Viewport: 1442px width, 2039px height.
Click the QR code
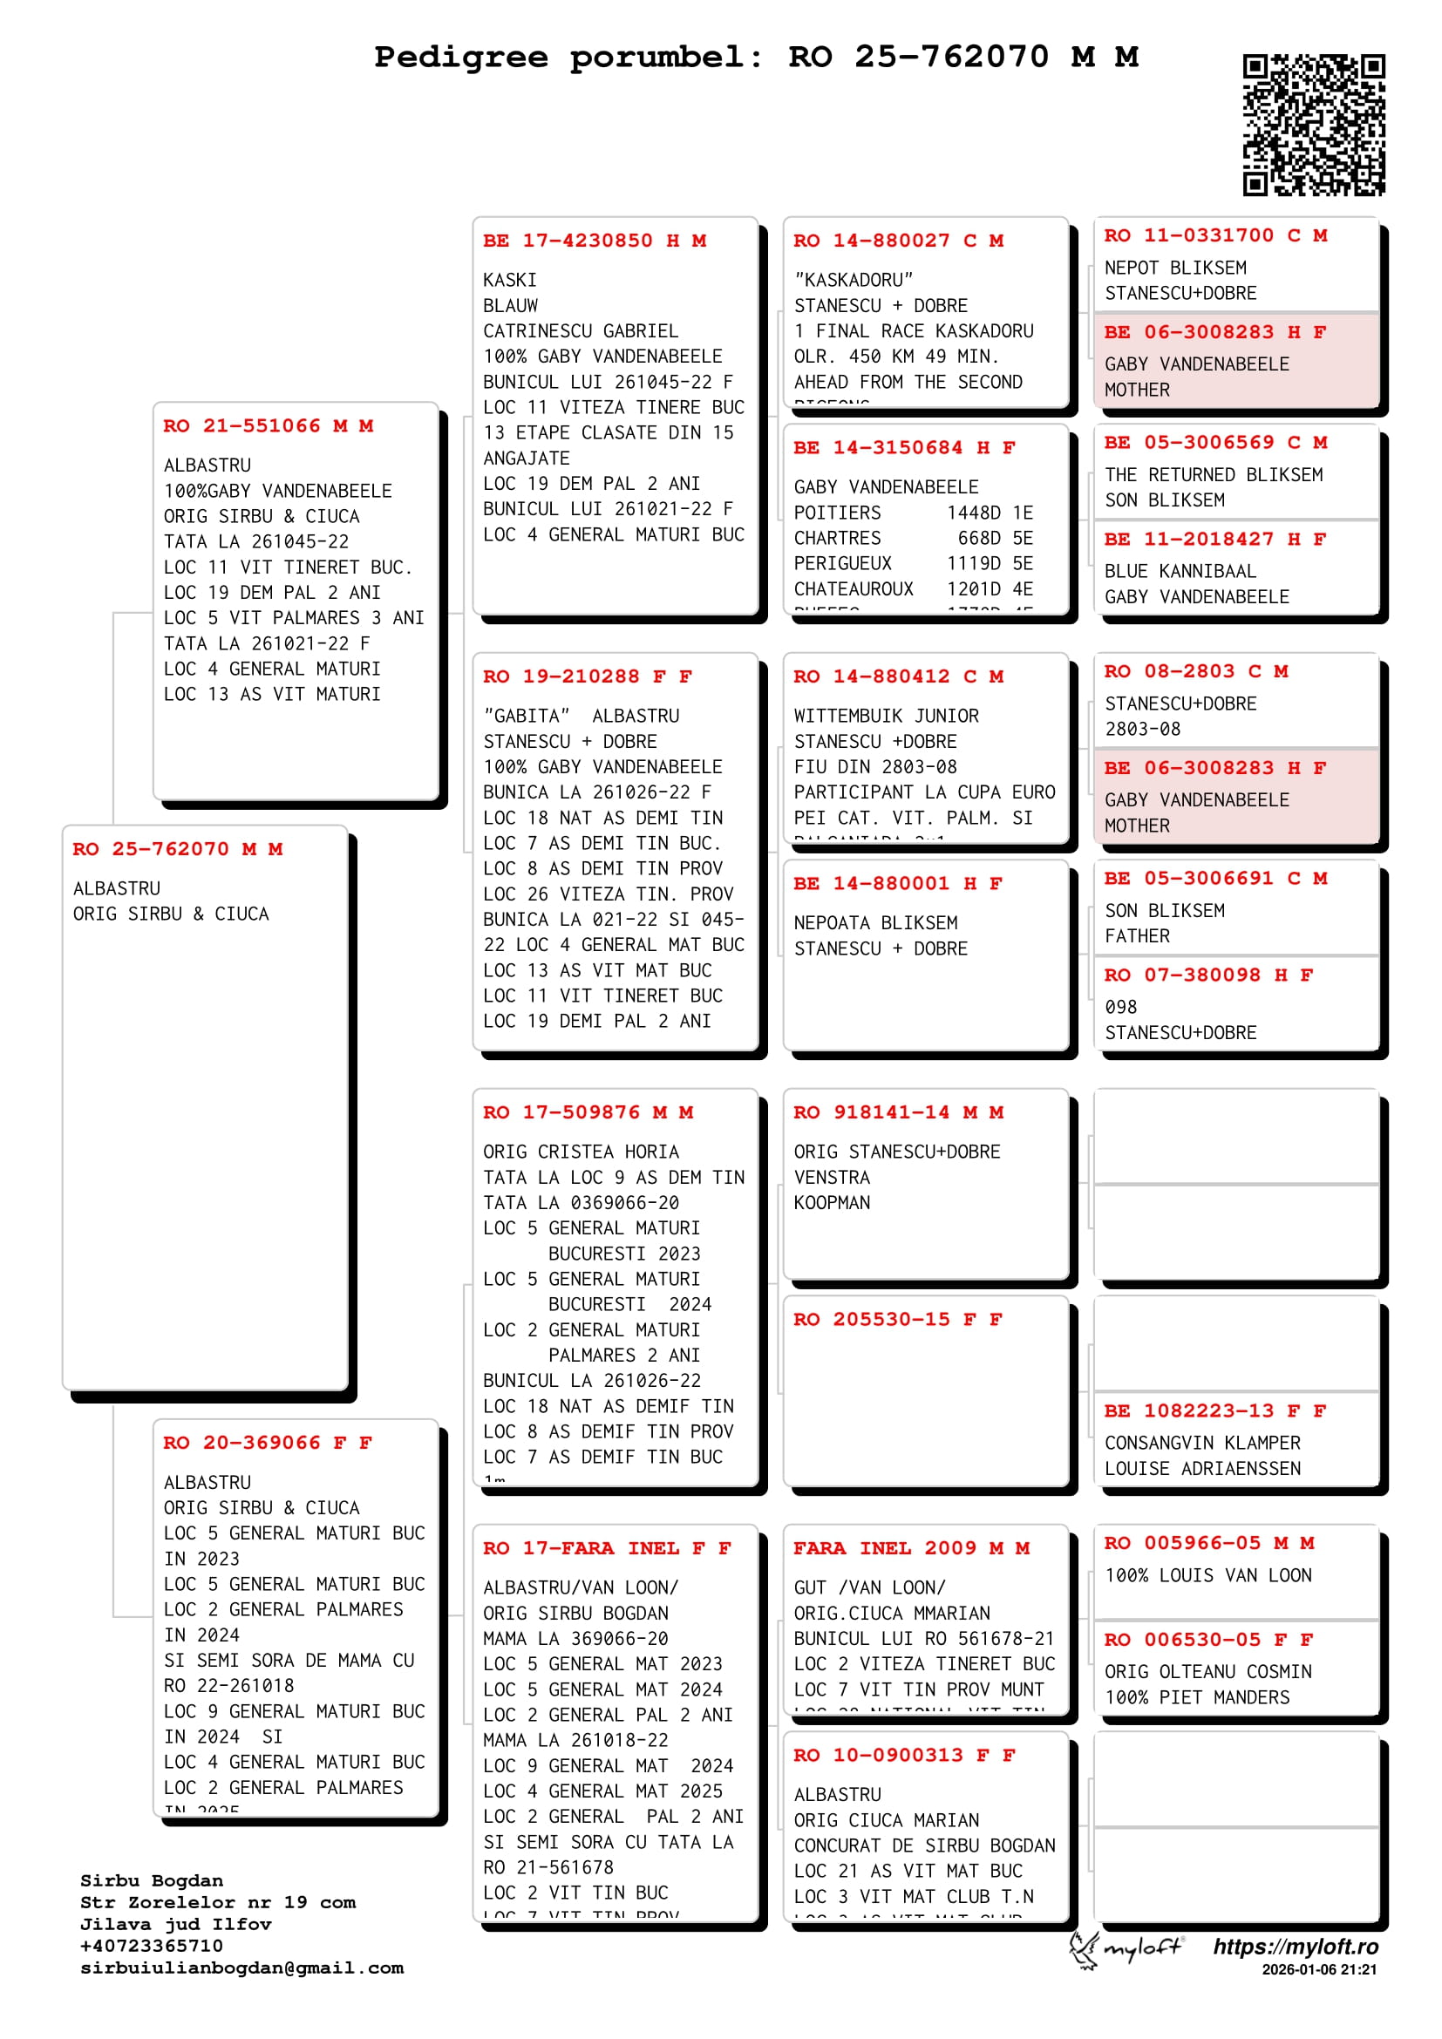coord(1313,125)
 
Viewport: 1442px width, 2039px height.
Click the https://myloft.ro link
coord(1296,1947)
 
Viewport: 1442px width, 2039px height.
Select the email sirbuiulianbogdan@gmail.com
coord(241,1968)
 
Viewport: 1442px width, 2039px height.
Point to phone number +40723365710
coord(151,1946)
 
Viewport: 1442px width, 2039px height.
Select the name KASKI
coord(510,281)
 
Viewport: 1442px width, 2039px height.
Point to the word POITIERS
coord(837,513)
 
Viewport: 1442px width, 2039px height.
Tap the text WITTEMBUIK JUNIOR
coord(886,717)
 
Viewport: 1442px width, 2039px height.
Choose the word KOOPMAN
coord(832,1203)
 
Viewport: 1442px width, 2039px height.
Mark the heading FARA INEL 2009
coord(911,1549)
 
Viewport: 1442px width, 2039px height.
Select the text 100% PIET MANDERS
coord(1197,1698)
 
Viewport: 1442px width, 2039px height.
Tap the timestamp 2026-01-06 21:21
coord(1318,1970)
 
